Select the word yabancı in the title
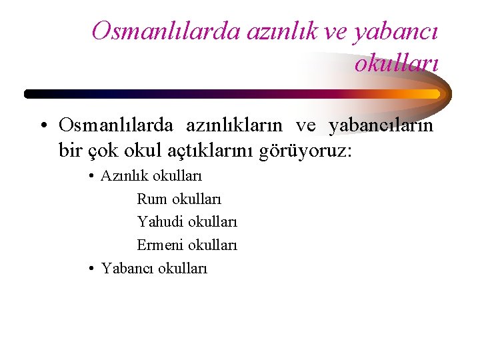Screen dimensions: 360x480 point(400,31)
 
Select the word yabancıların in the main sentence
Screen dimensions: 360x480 point(381,125)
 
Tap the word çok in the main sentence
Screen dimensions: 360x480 point(103,150)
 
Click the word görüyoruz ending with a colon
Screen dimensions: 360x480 point(309,151)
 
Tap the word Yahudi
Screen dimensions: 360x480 point(161,222)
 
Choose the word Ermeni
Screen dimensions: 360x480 point(161,245)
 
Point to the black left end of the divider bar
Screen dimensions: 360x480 point(30,94)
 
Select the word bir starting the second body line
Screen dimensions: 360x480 point(70,150)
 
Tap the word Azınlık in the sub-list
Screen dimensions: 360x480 point(125,177)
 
